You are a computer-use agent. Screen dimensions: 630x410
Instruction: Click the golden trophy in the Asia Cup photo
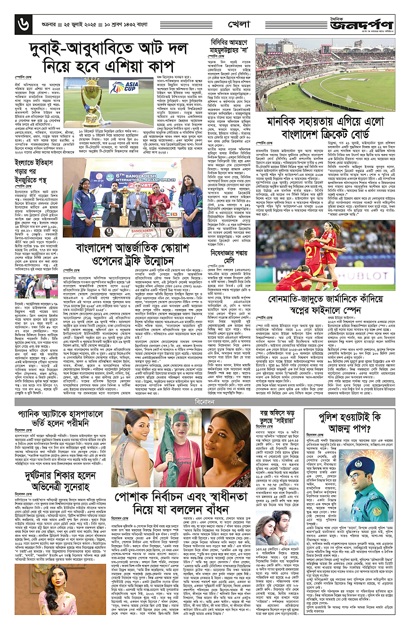pyautogui.click(x=92, y=100)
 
